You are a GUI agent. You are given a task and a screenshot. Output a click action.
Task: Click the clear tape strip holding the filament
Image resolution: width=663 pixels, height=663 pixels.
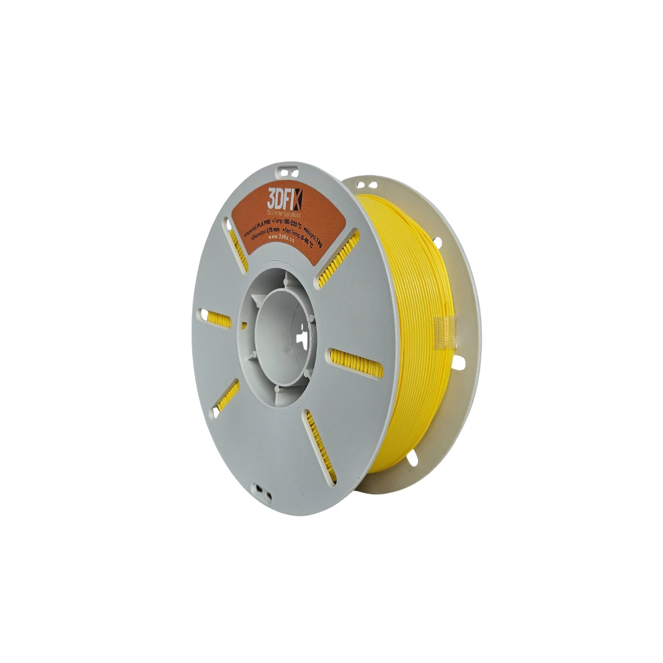coord(446,333)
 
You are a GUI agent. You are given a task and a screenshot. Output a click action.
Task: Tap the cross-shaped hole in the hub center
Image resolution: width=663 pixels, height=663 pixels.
coord(302,338)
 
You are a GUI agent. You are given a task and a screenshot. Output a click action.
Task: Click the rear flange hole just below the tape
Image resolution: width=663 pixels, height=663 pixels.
coord(458,363)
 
